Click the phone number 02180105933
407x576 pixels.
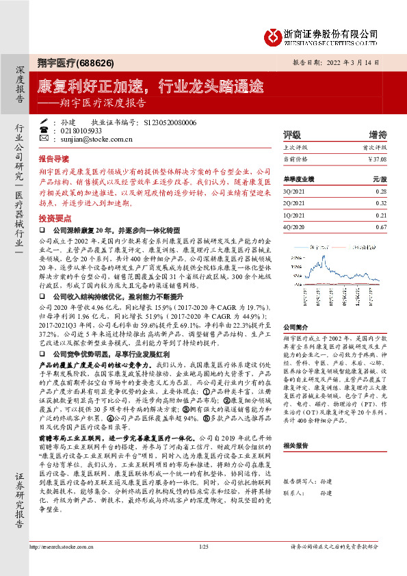coord(81,130)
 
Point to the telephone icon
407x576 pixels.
coord(44,130)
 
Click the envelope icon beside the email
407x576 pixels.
coord(44,138)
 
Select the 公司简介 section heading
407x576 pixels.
coord(296,328)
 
